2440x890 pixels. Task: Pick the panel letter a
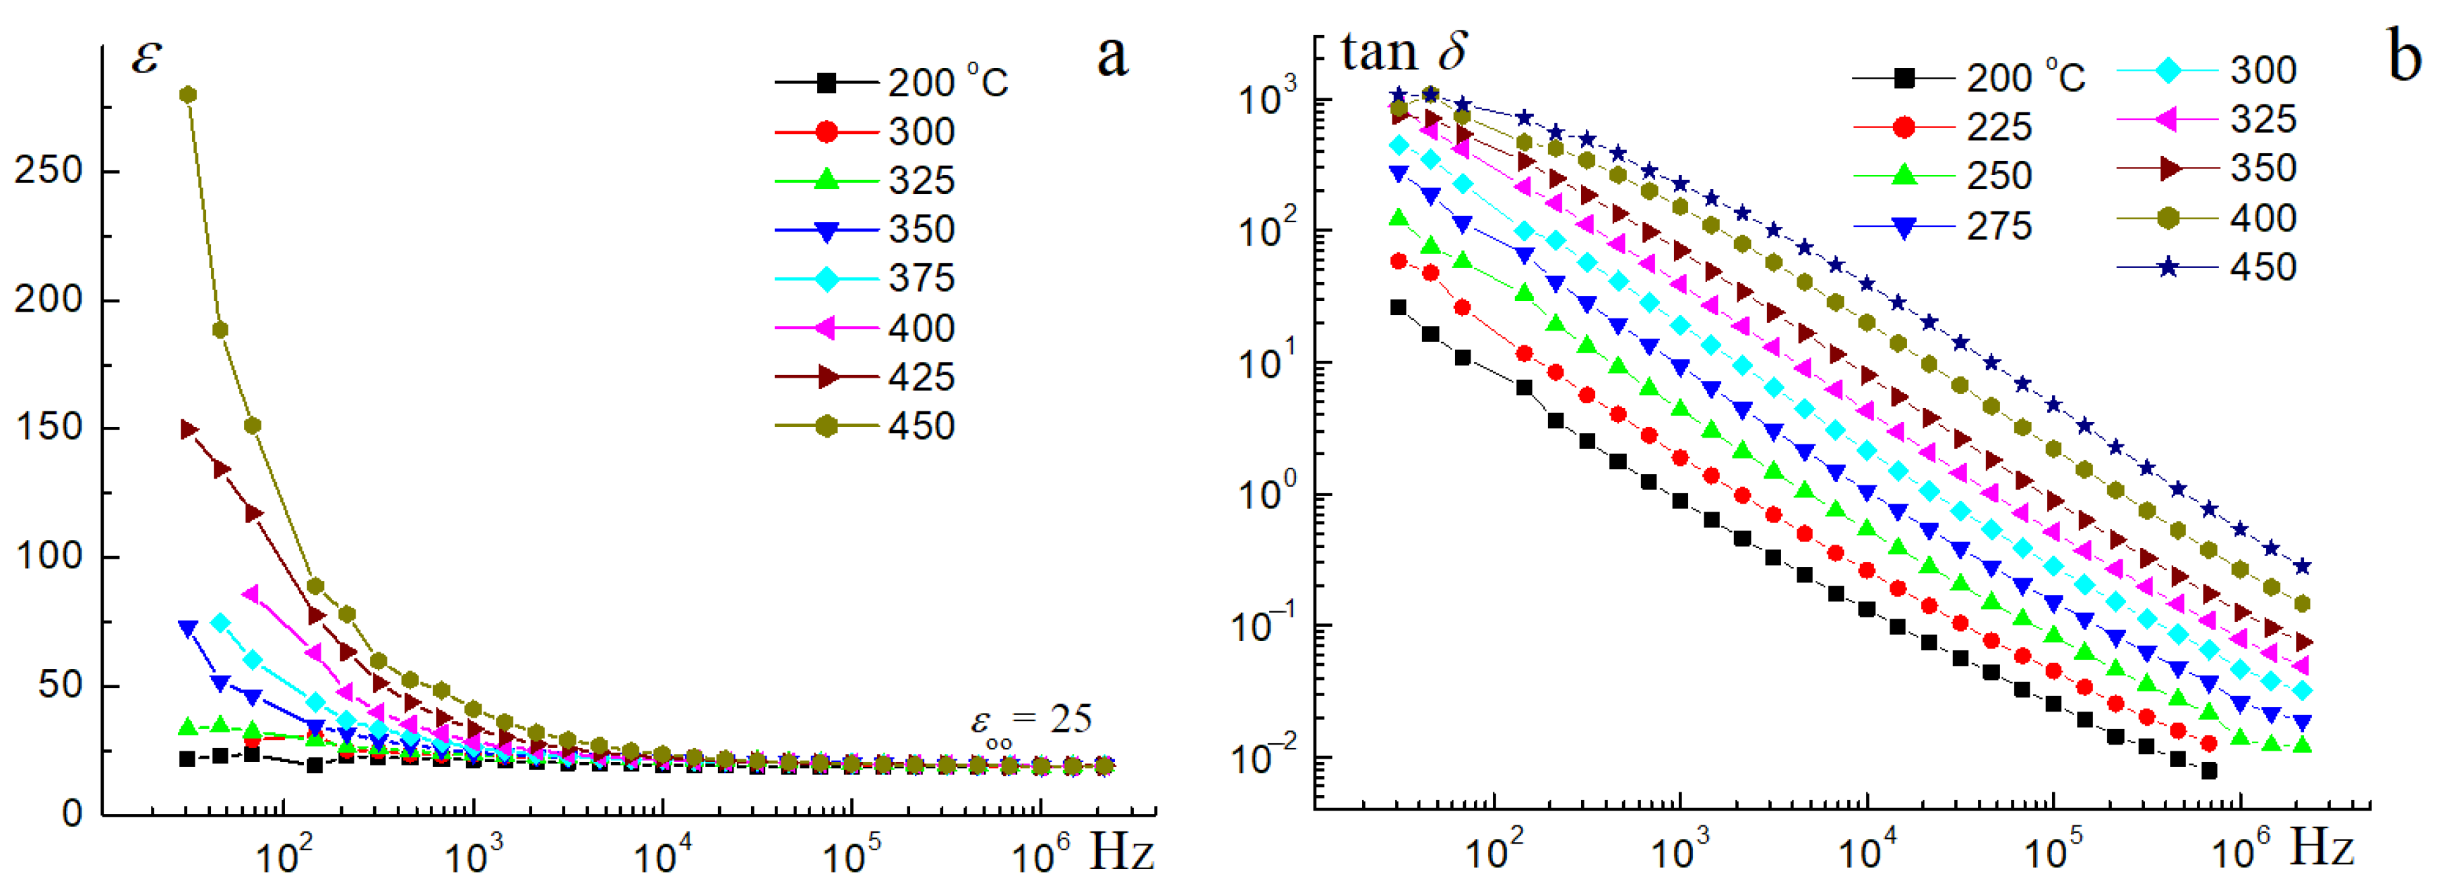click(1112, 57)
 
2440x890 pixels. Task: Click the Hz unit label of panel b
click(2321, 848)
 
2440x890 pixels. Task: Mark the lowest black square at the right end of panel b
click(2208, 771)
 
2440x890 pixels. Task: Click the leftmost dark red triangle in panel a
click(189, 429)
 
